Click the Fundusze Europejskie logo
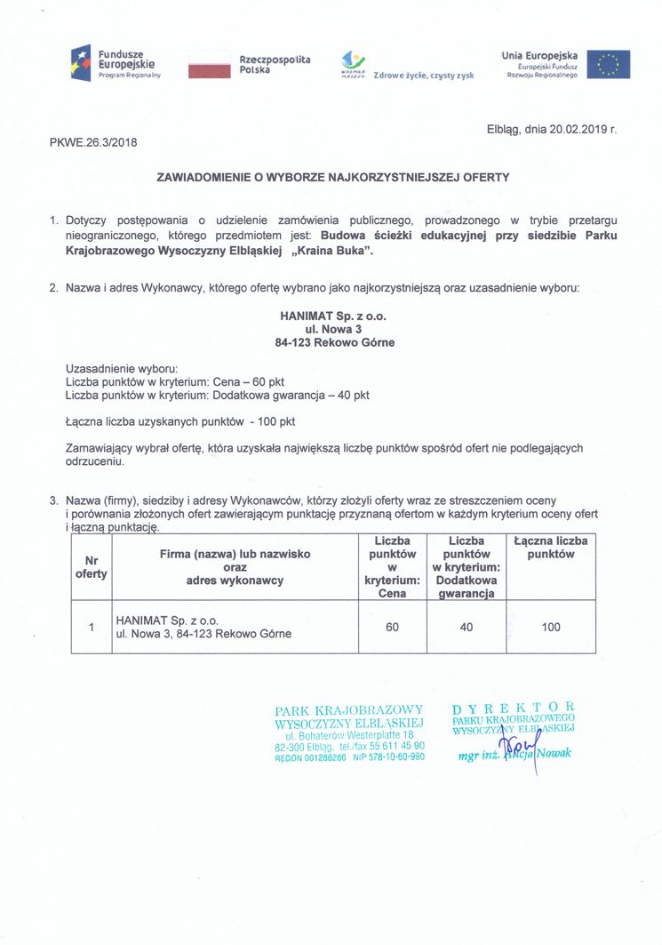click(x=116, y=64)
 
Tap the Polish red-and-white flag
click(x=209, y=65)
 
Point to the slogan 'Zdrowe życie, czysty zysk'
click(x=425, y=76)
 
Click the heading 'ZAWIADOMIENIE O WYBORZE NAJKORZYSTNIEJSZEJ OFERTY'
click(x=333, y=177)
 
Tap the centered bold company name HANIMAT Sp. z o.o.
click(x=333, y=316)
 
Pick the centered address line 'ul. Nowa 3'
click(x=333, y=329)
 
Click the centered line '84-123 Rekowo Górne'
click(x=333, y=342)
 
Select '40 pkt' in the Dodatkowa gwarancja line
click(x=352, y=394)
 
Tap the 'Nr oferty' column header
click(x=91, y=567)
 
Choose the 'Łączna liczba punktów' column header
click(x=551, y=548)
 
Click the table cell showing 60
click(x=392, y=628)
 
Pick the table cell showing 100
click(x=551, y=628)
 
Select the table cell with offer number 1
click(x=91, y=628)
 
